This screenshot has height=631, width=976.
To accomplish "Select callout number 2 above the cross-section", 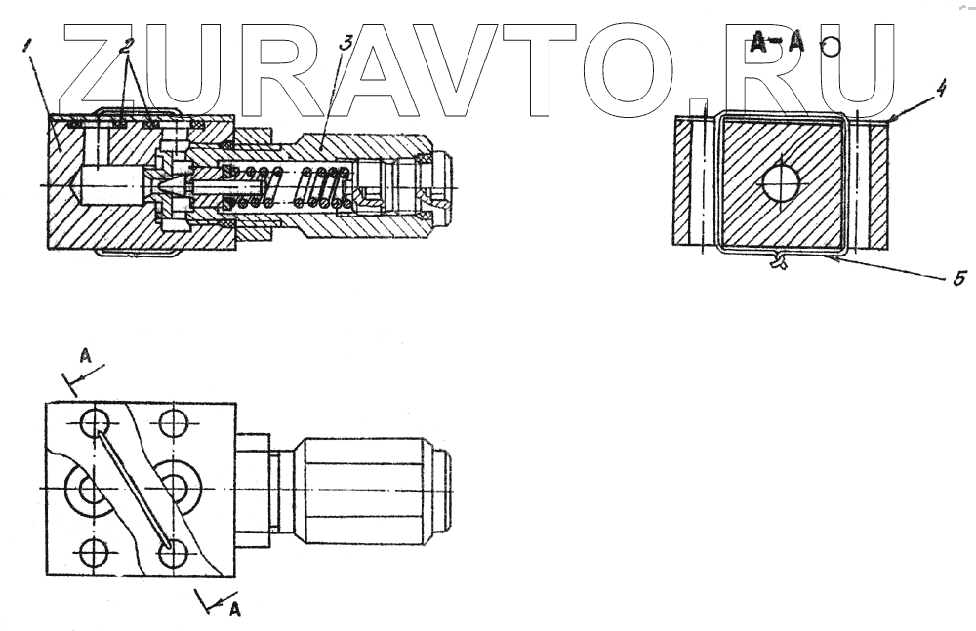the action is click(x=127, y=47).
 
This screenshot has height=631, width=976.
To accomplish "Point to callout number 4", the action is click(x=939, y=90).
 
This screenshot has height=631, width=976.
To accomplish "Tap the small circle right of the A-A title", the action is click(x=831, y=46).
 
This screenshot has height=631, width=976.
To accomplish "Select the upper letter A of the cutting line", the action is click(x=85, y=358).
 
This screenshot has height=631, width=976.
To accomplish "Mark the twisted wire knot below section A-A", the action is click(x=777, y=260).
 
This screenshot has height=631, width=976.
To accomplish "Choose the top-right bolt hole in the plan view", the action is click(x=175, y=423).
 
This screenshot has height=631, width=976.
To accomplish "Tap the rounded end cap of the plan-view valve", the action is click(x=444, y=488).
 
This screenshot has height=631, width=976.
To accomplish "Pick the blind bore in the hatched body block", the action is click(x=112, y=183).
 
